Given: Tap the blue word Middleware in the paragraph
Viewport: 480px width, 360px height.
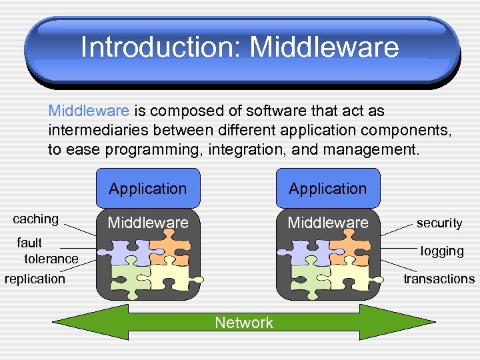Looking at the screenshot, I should click(91, 110).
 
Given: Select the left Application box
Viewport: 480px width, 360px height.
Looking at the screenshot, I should click(148, 189).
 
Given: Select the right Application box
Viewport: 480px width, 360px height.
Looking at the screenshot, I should click(328, 189).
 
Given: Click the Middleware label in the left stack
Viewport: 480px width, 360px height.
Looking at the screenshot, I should click(148, 222).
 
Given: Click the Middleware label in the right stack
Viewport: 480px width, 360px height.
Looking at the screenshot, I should click(328, 222).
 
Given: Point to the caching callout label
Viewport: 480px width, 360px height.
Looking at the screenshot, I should click(36, 219).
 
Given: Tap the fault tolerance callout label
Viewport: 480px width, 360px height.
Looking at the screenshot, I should click(45, 250).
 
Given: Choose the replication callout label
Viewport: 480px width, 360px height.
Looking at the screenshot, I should click(35, 279).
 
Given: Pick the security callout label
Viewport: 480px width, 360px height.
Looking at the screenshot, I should click(439, 223).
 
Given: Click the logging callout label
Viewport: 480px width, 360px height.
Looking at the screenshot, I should click(442, 251).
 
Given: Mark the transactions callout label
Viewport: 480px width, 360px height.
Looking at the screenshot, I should click(439, 279).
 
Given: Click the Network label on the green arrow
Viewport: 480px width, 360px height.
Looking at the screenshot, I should click(244, 323).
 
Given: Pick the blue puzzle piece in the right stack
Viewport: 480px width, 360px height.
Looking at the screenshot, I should click(305, 251).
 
